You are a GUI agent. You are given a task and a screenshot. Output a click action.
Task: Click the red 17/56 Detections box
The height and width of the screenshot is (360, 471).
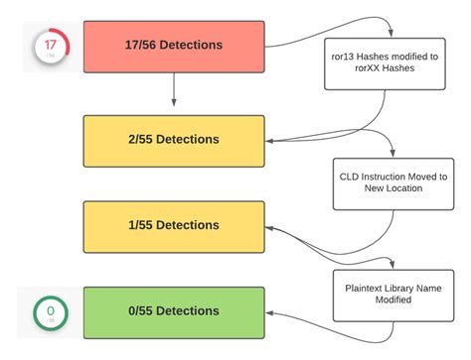(x=174, y=46)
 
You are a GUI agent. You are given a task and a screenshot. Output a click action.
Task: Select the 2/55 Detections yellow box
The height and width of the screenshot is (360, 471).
(x=174, y=141)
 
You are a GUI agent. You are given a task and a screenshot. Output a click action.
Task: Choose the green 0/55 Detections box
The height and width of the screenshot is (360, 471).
(x=174, y=312)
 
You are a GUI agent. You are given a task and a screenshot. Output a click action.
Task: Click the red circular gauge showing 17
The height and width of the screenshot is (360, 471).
(x=51, y=47)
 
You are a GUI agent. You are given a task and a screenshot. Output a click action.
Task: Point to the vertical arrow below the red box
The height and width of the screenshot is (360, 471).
(x=174, y=91)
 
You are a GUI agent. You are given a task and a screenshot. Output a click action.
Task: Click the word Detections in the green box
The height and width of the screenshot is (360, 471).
(x=193, y=312)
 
